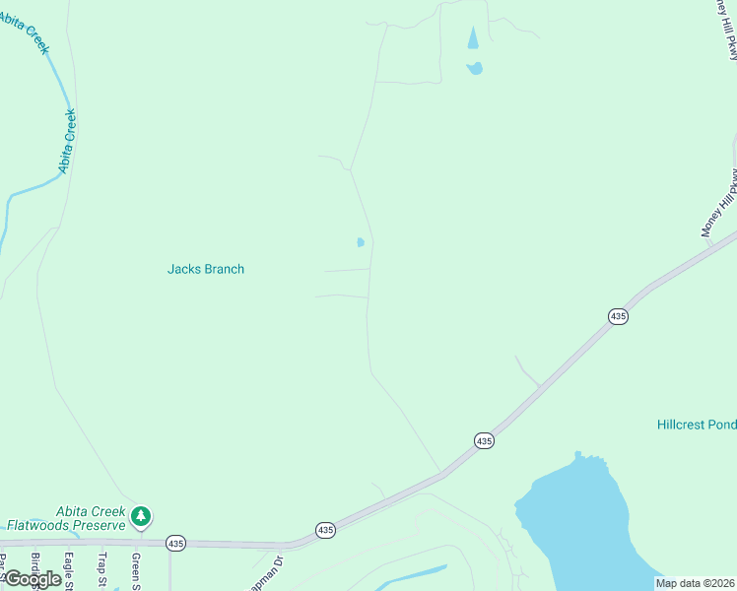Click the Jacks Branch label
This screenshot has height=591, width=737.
pyautogui.click(x=205, y=269)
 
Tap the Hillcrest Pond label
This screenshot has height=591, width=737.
pyautogui.click(x=697, y=425)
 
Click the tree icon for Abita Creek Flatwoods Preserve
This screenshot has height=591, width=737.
pyautogui.click(x=141, y=515)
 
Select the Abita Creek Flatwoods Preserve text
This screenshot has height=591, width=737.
pyautogui.click(x=65, y=517)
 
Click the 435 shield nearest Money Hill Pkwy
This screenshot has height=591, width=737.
pyautogui.click(x=618, y=316)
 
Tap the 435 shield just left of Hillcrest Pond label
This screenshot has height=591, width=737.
pyautogui.click(x=483, y=440)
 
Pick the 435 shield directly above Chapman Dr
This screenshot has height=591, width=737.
pyautogui.click(x=326, y=530)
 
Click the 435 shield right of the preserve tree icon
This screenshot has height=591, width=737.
pyautogui.click(x=175, y=543)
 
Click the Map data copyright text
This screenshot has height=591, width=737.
pyautogui.click(x=695, y=583)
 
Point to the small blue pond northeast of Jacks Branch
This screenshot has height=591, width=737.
pyautogui.click(x=361, y=241)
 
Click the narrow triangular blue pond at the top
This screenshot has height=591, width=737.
pyautogui.click(x=473, y=38)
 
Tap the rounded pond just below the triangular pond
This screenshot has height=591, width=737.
pyautogui.click(x=475, y=68)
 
